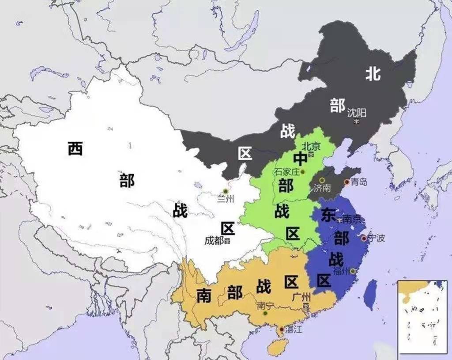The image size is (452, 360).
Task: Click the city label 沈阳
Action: (x=357, y=113)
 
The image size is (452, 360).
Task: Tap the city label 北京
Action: (x=311, y=146)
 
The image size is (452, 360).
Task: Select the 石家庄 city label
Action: (x=286, y=171)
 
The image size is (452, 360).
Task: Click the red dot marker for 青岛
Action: (x=347, y=182)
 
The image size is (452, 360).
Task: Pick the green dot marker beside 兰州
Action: (x=226, y=191)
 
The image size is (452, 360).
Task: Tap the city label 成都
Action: (x=214, y=241)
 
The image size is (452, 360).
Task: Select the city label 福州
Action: (x=341, y=271)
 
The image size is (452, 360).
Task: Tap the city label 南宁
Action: (x=265, y=305)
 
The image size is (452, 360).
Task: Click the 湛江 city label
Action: (x=293, y=329)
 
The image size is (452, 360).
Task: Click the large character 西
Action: (x=75, y=148)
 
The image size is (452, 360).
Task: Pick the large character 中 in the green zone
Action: (x=301, y=159)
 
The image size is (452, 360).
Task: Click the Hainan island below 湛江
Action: (x=278, y=347)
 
